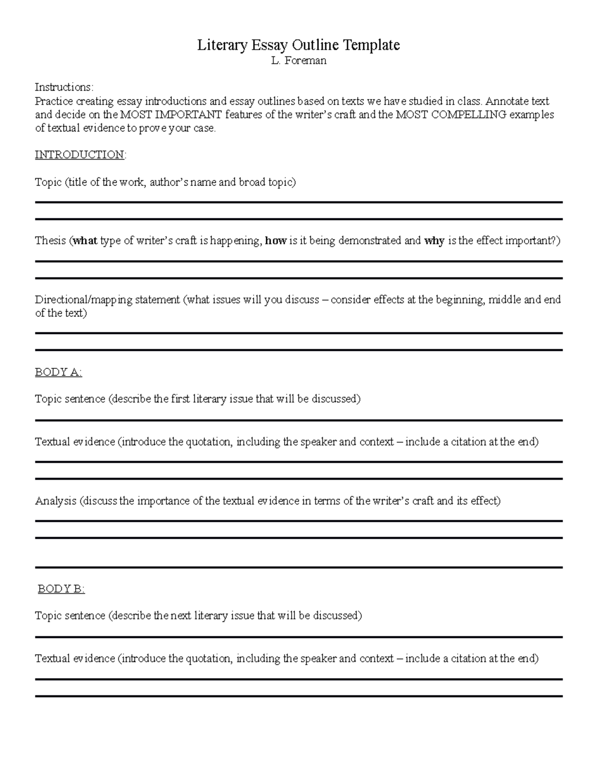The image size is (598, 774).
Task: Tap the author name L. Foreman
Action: (299, 61)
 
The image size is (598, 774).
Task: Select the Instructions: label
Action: (64, 87)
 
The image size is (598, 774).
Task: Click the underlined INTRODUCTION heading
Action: (80, 155)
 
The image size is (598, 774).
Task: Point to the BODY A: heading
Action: (58, 372)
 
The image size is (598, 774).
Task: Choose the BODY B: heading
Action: (61, 589)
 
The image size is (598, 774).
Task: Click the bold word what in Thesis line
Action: (85, 241)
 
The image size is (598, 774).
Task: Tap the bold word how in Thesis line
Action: (276, 241)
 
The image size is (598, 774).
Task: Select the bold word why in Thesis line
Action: (434, 241)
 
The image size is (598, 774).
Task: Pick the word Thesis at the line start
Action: (50, 241)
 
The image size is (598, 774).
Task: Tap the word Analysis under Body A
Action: (56, 501)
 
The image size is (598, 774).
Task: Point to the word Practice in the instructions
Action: (53, 101)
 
